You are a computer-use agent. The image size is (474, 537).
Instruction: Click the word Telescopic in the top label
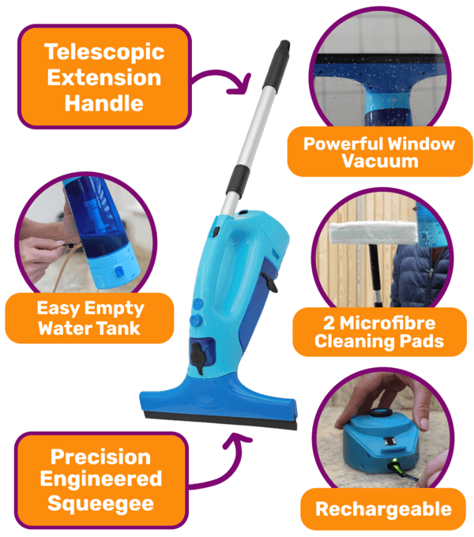(104, 52)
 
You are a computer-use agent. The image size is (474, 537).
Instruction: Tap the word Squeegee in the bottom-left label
(100, 504)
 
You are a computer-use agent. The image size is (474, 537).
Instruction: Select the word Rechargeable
(383, 509)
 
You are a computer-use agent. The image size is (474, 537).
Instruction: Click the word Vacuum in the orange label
(380, 160)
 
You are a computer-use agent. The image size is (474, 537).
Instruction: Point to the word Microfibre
(387, 323)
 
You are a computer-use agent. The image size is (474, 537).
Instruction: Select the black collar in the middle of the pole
(237, 182)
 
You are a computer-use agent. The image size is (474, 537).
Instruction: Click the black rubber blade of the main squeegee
(220, 421)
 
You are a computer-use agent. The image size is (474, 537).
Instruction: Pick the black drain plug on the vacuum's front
(198, 358)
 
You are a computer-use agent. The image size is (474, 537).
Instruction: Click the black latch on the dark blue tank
(270, 282)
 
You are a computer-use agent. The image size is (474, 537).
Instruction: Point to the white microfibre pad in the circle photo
(374, 232)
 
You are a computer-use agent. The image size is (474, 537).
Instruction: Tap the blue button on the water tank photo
(118, 272)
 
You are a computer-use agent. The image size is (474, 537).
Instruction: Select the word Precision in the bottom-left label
(100, 457)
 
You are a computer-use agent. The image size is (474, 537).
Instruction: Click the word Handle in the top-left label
(104, 103)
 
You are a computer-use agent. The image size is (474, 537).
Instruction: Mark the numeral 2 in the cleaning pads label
(329, 323)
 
